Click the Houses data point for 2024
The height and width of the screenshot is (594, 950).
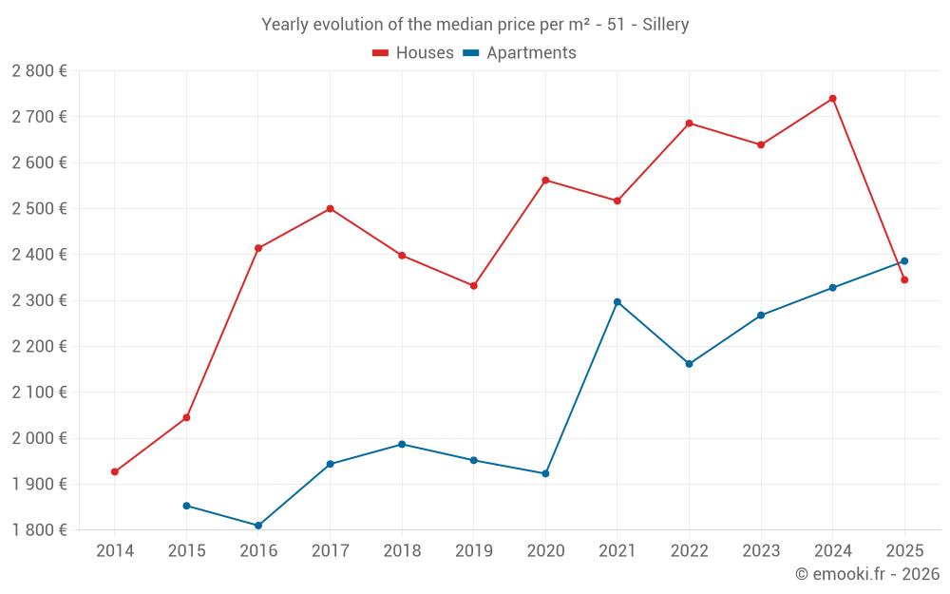pos(832,99)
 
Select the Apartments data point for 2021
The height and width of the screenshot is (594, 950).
pos(617,302)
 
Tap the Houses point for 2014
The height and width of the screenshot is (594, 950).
pos(115,471)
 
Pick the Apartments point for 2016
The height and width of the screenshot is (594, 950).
pos(258,526)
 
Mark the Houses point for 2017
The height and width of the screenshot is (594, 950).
pos(330,209)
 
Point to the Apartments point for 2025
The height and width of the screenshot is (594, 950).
pos(904,261)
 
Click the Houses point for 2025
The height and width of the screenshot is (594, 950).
pos(904,279)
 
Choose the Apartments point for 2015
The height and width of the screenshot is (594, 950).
pos(186,506)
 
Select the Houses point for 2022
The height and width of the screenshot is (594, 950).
pos(689,124)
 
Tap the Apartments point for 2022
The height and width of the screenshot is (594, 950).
pos(689,364)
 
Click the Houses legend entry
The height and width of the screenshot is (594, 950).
pos(413,53)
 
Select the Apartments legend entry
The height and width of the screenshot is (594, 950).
pos(520,53)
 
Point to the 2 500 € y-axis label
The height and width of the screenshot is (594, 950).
pos(40,209)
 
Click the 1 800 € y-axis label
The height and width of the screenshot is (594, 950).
pos(40,530)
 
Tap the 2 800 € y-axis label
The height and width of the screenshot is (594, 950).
pos(40,71)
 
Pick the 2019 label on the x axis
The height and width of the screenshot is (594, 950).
pos(473,551)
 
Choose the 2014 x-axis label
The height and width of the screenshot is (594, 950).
pos(115,551)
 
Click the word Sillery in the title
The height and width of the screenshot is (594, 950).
pos(665,25)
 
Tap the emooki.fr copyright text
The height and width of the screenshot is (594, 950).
pos(867,574)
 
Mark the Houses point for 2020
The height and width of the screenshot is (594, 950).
pos(545,181)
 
